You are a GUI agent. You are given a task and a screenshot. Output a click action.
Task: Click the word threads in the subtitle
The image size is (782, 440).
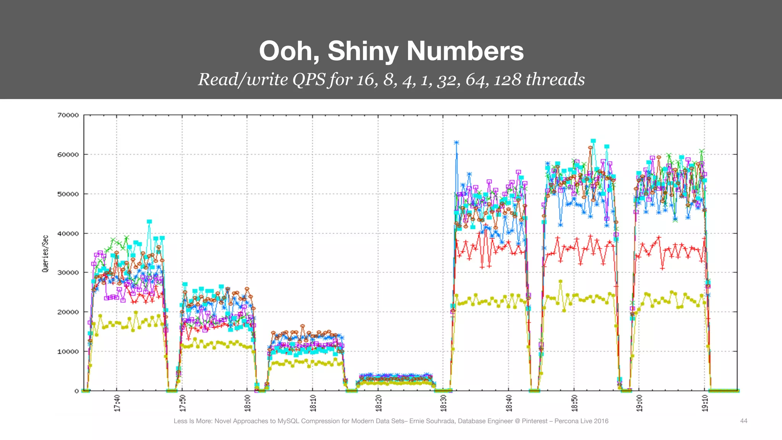[555, 79]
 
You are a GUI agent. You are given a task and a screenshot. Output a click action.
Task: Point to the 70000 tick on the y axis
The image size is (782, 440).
[68, 115]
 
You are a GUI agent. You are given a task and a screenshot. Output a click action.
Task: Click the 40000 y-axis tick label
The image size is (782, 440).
[68, 233]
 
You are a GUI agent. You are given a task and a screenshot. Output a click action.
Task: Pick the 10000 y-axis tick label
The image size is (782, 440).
[68, 351]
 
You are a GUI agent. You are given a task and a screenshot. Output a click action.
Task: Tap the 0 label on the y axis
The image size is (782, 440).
[77, 391]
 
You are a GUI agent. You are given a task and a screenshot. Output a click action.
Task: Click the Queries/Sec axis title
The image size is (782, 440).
[45, 254]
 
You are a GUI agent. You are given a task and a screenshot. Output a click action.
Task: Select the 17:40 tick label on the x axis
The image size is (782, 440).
[117, 403]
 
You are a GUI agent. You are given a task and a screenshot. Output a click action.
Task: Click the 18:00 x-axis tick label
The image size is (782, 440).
[247, 403]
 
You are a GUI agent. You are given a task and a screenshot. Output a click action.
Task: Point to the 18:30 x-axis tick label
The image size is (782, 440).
[443, 403]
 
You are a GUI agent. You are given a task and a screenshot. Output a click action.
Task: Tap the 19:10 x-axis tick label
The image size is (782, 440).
[705, 403]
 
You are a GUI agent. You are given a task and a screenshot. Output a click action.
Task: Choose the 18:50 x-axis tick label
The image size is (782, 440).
[574, 403]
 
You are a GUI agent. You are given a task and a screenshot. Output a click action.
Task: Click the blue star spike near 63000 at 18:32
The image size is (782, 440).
[456, 143]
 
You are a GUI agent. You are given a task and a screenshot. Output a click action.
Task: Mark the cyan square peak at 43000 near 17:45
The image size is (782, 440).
[149, 222]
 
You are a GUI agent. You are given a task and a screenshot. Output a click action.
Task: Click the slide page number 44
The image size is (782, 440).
[743, 421]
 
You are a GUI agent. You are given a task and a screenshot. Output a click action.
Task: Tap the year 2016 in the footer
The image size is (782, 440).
[601, 421]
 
